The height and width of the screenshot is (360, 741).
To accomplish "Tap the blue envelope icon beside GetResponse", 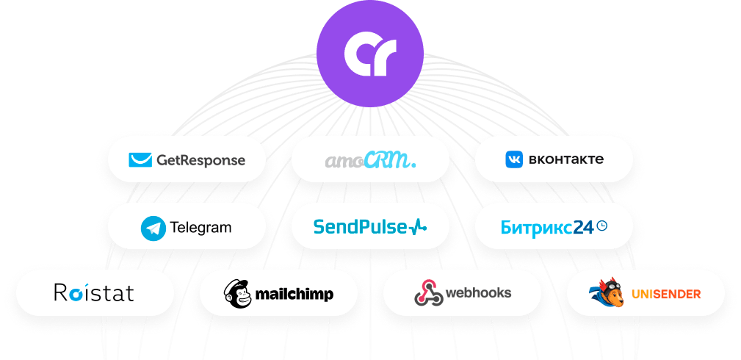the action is click(x=140, y=160).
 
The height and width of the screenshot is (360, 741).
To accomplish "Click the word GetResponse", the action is click(x=200, y=160).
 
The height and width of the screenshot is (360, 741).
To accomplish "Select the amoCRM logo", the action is click(x=370, y=160).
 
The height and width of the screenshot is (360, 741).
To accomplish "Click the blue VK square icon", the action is click(x=514, y=160).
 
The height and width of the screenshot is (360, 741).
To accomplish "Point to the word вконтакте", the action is click(x=566, y=159).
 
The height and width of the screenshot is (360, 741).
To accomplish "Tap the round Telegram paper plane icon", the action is click(x=153, y=228).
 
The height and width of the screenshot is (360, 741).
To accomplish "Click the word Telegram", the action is click(x=200, y=228).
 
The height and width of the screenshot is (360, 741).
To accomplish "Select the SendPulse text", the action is click(x=360, y=227).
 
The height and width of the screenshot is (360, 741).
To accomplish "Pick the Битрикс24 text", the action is click(x=547, y=228).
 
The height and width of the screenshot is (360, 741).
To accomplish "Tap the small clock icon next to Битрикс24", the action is click(x=601, y=226).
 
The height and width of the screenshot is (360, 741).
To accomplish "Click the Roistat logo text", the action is click(x=94, y=292).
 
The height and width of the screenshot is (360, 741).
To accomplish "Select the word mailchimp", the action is click(x=294, y=295).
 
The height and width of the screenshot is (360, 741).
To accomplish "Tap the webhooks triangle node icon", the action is click(x=429, y=292).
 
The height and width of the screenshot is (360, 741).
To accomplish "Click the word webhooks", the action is click(x=478, y=292).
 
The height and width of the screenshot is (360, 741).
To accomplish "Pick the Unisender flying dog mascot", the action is click(x=608, y=293).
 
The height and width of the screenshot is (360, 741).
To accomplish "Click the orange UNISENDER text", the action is click(x=666, y=295).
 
